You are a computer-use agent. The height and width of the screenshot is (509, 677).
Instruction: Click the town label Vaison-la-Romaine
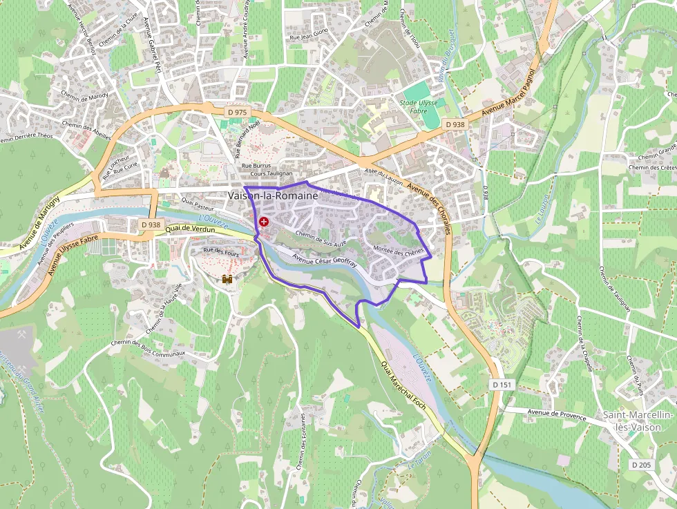[273, 196]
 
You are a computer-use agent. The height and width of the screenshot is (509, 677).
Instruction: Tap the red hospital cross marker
[264, 222]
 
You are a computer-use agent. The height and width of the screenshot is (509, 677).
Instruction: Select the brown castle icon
[226, 280]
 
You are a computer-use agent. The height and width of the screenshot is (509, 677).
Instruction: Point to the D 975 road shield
[236, 112]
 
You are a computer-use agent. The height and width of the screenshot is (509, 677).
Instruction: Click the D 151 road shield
[502, 384]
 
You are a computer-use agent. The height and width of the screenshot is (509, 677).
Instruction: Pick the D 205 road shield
[641, 465]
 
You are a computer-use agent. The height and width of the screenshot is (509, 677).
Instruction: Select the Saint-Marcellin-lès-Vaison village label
[638, 421]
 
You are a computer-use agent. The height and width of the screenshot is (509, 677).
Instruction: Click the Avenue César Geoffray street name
[324, 260]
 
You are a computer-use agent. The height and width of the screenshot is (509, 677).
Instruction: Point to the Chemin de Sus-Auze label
[321, 238]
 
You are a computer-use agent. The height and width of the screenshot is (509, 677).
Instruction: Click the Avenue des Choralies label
[428, 208]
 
